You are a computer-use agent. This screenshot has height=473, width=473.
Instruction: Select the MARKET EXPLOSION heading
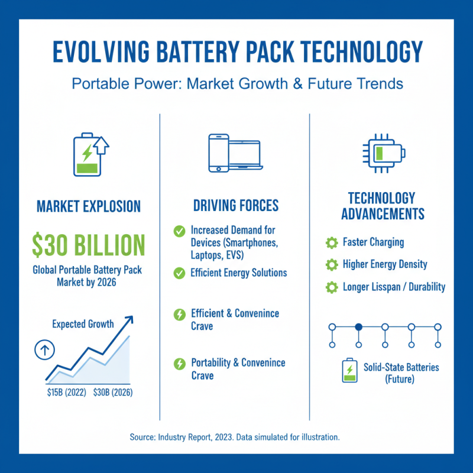(x=89, y=206)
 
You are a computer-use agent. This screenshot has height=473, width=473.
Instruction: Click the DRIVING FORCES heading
(x=236, y=206)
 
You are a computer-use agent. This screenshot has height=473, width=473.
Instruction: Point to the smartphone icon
(x=218, y=153)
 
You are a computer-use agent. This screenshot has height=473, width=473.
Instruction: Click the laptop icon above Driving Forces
(x=245, y=155)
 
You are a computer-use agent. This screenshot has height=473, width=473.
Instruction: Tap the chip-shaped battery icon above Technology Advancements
(x=384, y=154)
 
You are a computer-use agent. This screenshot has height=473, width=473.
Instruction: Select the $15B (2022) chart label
(x=65, y=391)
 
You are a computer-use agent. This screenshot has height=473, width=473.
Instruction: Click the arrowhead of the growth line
(x=129, y=320)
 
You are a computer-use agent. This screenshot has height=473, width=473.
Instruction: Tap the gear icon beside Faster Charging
(x=332, y=242)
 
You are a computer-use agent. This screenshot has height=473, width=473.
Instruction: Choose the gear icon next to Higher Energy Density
(x=332, y=265)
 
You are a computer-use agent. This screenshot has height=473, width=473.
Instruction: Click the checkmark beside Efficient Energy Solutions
(x=179, y=273)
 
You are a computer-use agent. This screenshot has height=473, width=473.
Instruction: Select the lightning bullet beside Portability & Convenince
(x=179, y=364)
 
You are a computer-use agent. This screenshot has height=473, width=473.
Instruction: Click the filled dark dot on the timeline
(x=358, y=326)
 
